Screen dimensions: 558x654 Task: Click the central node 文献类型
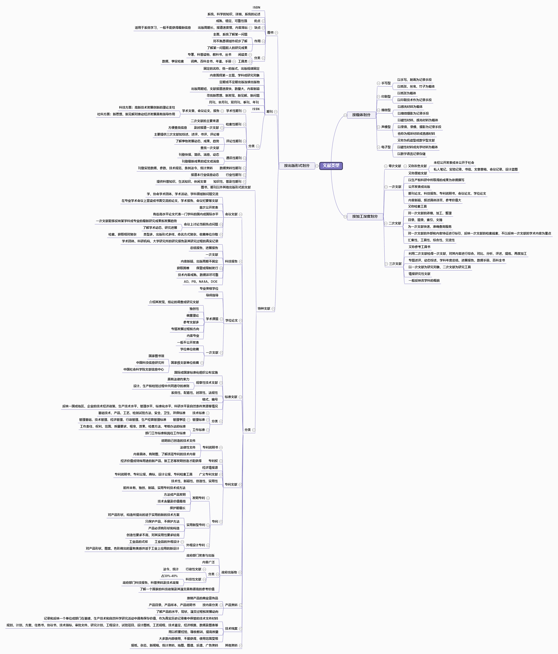tap(331, 165)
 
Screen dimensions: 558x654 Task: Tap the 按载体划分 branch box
tap(361, 115)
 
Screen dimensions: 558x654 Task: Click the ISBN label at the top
tap(256, 8)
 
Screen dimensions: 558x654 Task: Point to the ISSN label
tap(256, 109)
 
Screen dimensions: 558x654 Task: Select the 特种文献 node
tap(264, 309)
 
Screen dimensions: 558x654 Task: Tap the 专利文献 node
tap(231, 485)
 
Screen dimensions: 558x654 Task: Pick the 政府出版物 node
tap(229, 572)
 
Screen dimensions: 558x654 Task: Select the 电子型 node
tap(386, 147)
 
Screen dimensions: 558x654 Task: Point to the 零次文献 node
tap(395, 166)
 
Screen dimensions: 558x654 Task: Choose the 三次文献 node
tap(395, 264)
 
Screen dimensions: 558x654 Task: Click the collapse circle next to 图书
tap(276, 32)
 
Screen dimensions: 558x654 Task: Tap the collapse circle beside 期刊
tap(276, 112)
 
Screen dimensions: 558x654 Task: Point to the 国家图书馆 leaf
tap(156, 356)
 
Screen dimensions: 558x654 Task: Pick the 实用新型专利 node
tap(195, 525)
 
